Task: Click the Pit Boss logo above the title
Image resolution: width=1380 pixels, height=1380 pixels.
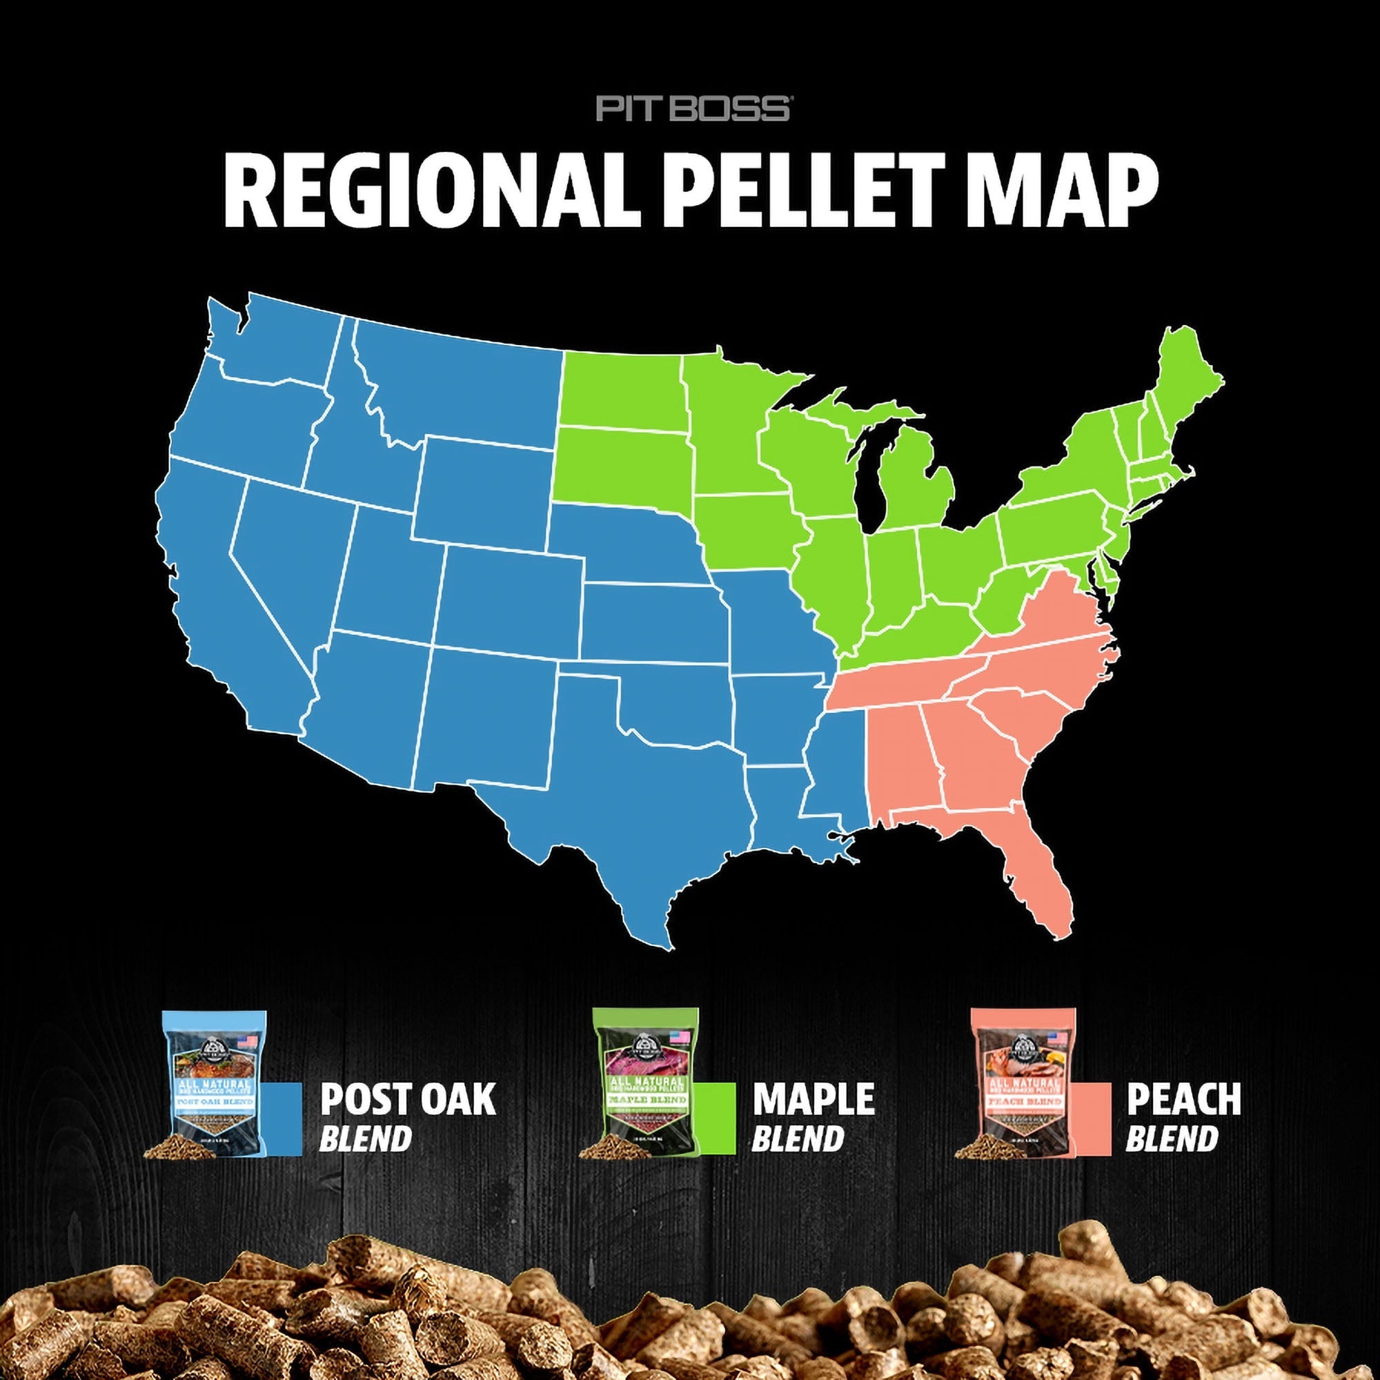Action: tap(692, 108)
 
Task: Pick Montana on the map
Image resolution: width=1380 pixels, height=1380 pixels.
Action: tap(457, 386)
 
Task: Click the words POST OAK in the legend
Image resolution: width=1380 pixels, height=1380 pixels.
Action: tap(407, 1099)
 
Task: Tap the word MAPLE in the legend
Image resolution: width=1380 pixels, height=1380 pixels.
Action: tap(813, 1099)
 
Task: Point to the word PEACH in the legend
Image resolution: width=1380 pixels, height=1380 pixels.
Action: tap(1183, 1099)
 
